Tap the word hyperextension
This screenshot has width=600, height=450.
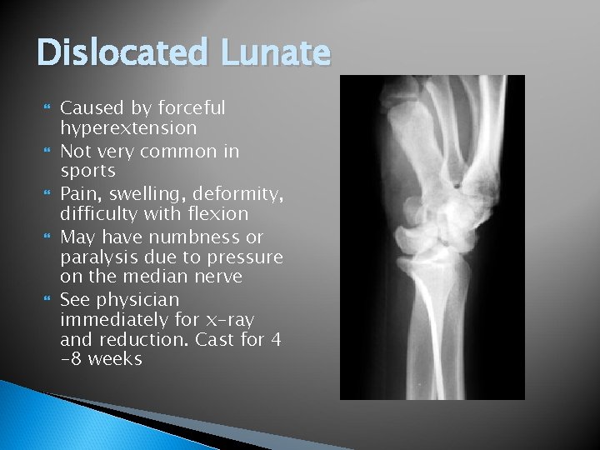(128, 129)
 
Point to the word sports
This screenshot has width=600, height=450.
(87, 171)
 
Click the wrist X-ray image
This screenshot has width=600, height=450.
(432, 237)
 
